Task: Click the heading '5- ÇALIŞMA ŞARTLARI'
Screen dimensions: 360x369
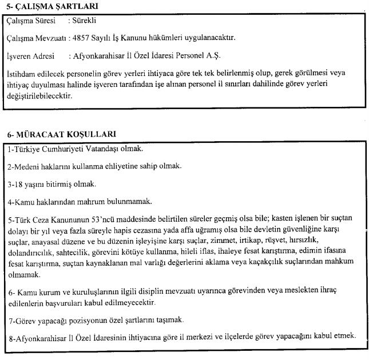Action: tap(49, 7)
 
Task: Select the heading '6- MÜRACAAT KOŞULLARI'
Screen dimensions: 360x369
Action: tap(61, 134)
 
